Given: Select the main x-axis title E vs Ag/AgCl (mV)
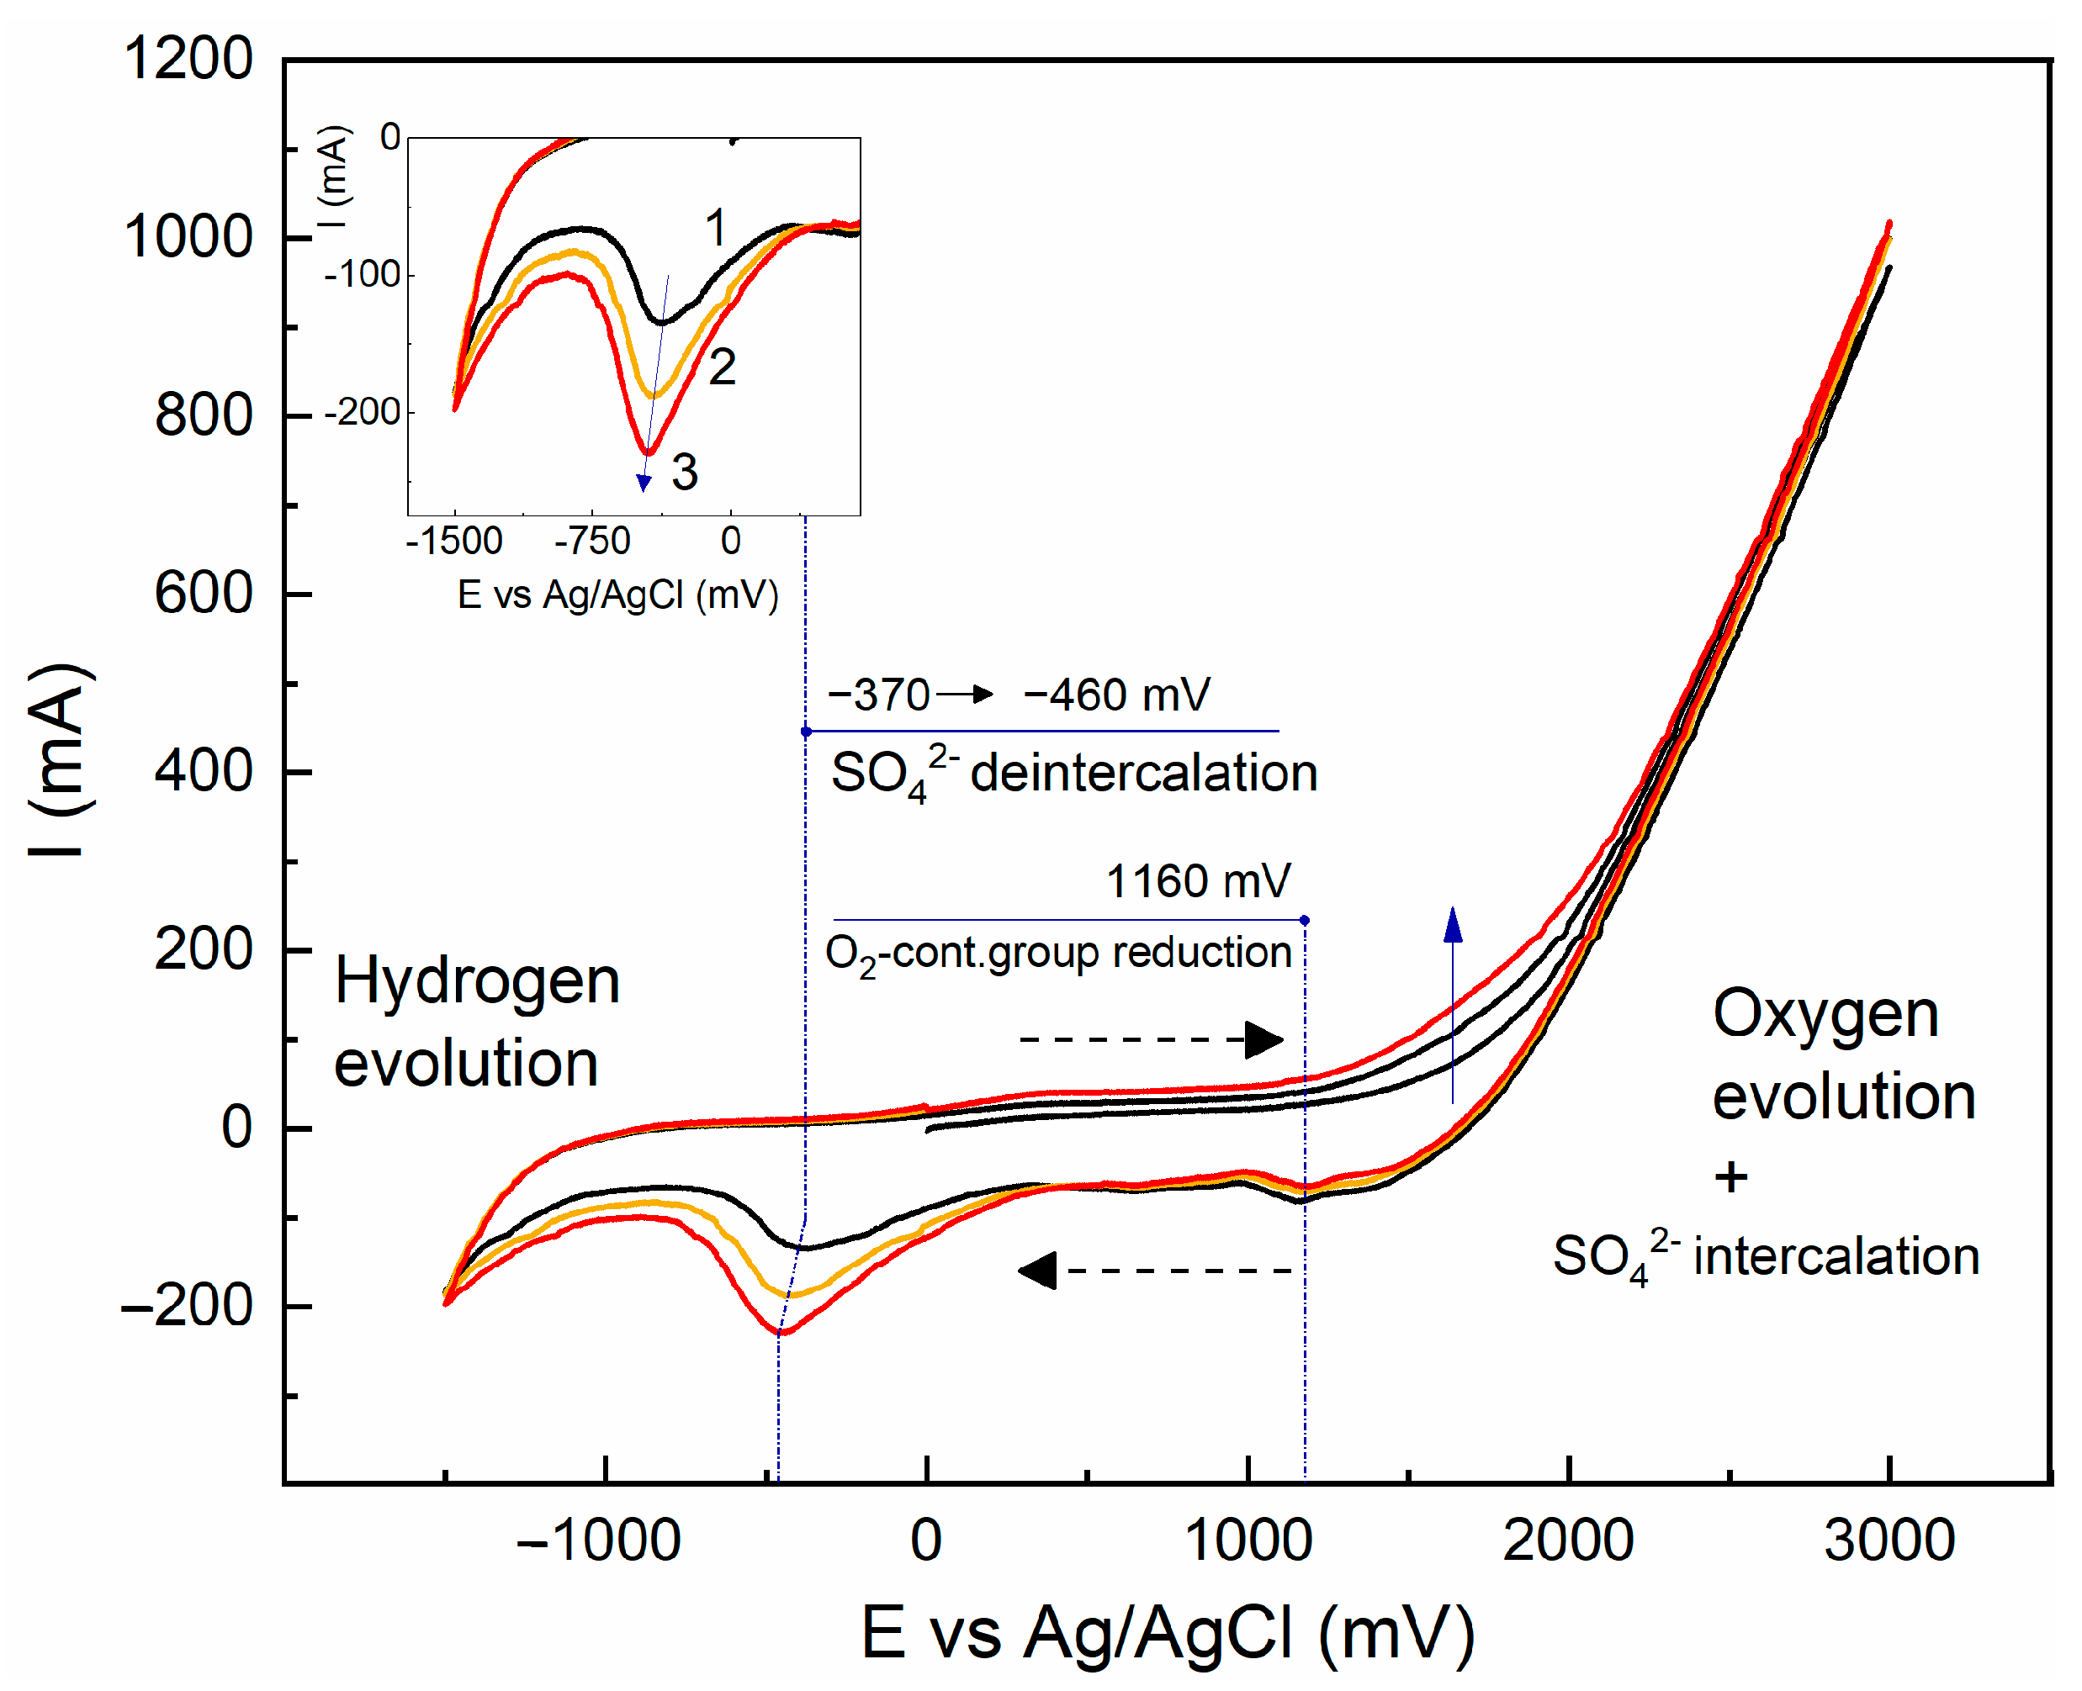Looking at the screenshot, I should click(x=1167, y=1632).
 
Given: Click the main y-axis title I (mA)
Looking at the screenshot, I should click(x=61, y=761).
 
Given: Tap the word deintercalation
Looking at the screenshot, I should click(x=1143, y=774).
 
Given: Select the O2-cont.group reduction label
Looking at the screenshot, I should click(x=1057, y=954).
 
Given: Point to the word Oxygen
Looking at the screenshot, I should click(x=1825, y=1014).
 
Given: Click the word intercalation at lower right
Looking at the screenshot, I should click(x=1836, y=1255).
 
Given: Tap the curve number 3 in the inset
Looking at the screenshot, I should click(x=684, y=473).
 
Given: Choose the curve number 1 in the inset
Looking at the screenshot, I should click(x=715, y=228).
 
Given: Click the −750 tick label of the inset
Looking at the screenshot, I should click(x=592, y=541).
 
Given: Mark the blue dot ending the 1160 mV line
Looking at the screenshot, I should click(x=1304, y=920).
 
